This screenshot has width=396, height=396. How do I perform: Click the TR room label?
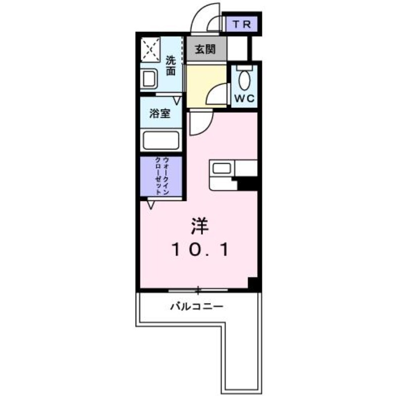click(x=242, y=24)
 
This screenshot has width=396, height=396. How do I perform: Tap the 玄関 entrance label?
click(x=205, y=49)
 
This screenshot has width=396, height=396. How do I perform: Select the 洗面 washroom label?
click(x=171, y=66)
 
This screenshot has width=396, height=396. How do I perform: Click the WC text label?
click(x=245, y=99)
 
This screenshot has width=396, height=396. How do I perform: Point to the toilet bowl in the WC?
click(x=244, y=80)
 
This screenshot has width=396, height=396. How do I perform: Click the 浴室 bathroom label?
click(x=160, y=113)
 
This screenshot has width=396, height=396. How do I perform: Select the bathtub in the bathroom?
click(x=161, y=141)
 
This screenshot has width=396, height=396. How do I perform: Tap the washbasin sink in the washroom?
click(x=149, y=79)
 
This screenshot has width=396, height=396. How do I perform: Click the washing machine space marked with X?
click(x=150, y=49)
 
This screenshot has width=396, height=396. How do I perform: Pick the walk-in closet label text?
click(x=162, y=176)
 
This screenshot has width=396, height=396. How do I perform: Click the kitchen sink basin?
click(x=221, y=168)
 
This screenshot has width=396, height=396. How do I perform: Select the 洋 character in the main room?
click(x=199, y=226)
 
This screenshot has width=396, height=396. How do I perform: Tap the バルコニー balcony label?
click(x=197, y=306)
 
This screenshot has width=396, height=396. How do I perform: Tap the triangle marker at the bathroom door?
click(x=177, y=101)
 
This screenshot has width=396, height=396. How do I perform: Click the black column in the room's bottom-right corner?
click(x=252, y=283)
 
